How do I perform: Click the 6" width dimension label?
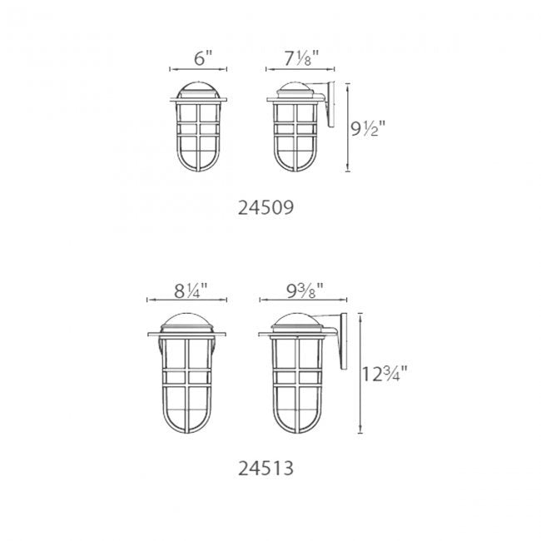[202, 58]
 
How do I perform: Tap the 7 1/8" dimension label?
[301, 58]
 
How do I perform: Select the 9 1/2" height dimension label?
[368, 129]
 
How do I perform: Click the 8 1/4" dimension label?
[191, 290]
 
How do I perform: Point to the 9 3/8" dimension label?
[305, 290]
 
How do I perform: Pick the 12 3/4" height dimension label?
[385, 374]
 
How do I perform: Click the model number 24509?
[266, 208]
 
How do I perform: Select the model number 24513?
[266, 469]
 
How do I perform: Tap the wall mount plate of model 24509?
[331, 104]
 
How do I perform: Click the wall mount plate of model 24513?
[344, 341]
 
